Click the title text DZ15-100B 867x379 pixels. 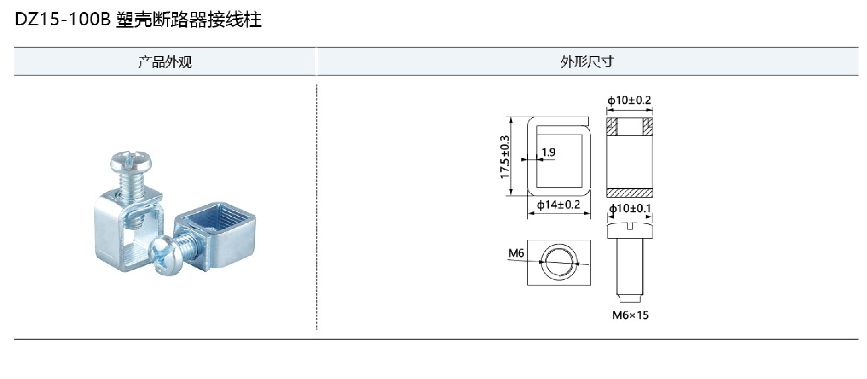(x=62, y=20)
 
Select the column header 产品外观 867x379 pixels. (x=165, y=62)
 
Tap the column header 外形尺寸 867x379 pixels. (x=587, y=62)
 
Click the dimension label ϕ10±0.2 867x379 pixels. (x=629, y=100)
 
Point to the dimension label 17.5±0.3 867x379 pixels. (x=505, y=157)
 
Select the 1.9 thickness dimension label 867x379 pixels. (x=548, y=152)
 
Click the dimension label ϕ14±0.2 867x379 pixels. (x=558, y=205)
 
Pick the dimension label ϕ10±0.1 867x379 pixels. (x=630, y=209)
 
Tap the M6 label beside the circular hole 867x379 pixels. (x=516, y=253)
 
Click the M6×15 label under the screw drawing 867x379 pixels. (x=630, y=315)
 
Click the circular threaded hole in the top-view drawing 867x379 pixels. (x=559, y=262)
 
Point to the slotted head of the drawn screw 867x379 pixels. (x=629, y=230)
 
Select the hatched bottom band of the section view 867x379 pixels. (x=629, y=193)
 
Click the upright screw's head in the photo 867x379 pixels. (x=131, y=161)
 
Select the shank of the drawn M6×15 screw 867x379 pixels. (x=629, y=267)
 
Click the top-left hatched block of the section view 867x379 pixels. (x=612, y=127)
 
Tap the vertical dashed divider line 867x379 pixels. (x=316, y=207)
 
